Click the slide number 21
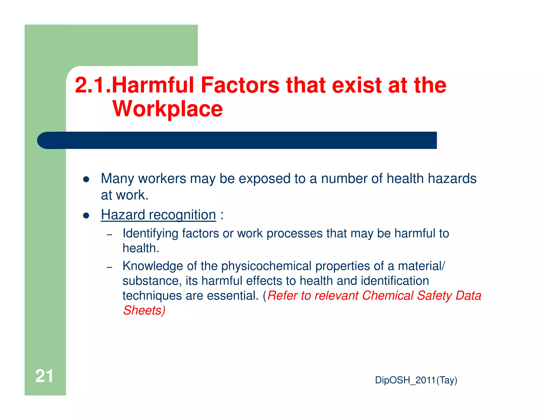44,376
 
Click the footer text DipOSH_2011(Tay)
416,380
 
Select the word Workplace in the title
168,109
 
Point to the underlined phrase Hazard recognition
158,215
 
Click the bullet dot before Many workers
86,179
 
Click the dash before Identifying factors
109,235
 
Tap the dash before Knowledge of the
109,267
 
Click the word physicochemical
266,266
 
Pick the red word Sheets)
144,310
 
